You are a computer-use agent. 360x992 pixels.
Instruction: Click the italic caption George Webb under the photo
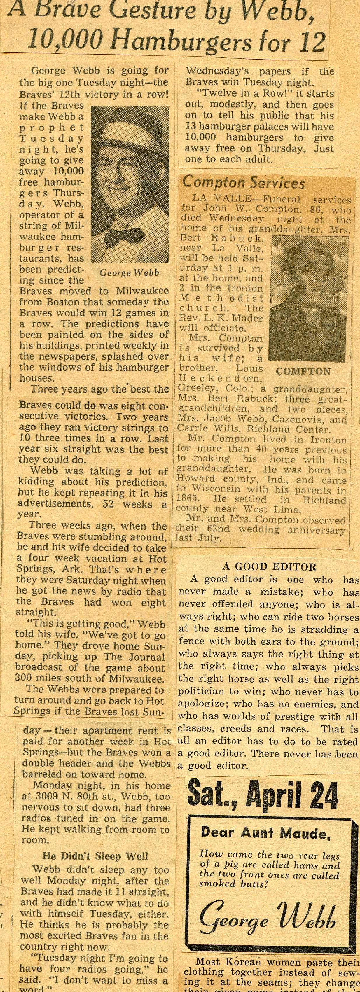pyautogui.click(x=129, y=273)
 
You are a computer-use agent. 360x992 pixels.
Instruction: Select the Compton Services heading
pyautogui.click(x=243, y=183)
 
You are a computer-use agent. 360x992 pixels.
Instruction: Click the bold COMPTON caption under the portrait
pyautogui.click(x=303, y=372)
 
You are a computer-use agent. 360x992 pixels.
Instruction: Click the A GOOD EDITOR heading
pyautogui.click(x=269, y=566)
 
